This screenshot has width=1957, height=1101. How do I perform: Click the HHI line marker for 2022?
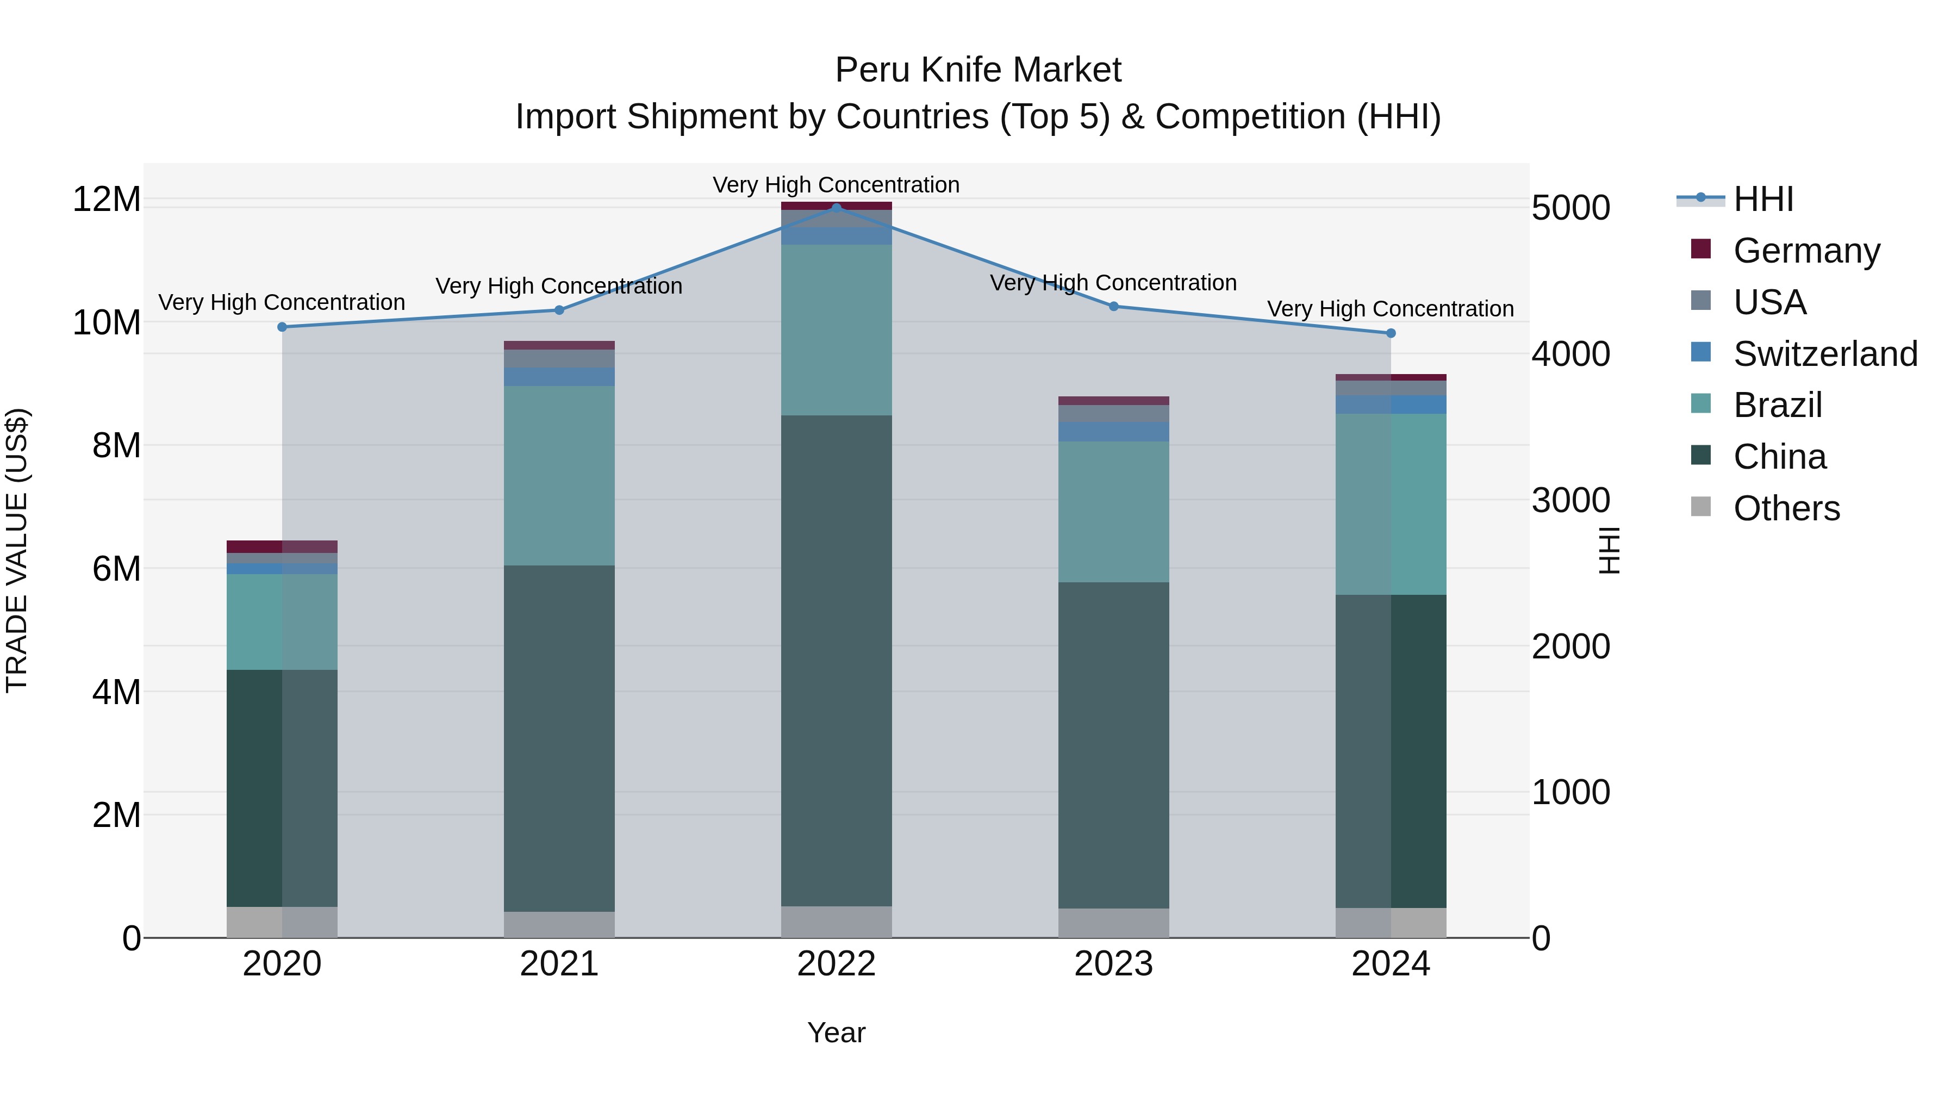pyautogui.click(x=837, y=208)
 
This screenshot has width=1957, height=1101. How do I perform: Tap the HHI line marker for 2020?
pyautogui.click(x=282, y=327)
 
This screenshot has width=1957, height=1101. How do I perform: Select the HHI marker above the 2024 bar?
pyautogui.click(x=1391, y=333)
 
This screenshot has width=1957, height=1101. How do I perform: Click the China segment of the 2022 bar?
pyautogui.click(x=837, y=661)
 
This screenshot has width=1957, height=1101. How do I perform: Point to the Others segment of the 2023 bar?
pyautogui.click(x=1114, y=923)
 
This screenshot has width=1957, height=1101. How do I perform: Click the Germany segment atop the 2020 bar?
pyautogui.click(x=282, y=546)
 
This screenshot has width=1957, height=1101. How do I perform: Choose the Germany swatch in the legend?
pyautogui.click(x=1701, y=249)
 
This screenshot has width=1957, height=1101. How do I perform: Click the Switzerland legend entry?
pyautogui.click(x=1825, y=354)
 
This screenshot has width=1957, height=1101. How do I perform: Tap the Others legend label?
pyautogui.click(x=1786, y=508)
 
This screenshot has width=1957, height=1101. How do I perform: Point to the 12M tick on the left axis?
pyautogui.click(x=107, y=200)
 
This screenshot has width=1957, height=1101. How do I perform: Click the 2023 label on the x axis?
pyautogui.click(x=1114, y=964)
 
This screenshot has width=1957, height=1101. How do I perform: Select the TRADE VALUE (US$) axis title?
pyautogui.click(x=17, y=550)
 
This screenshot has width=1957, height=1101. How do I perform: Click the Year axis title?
pyautogui.click(x=837, y=1032)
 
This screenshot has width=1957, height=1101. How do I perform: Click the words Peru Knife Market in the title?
pyautogui.click(x=978, y=70)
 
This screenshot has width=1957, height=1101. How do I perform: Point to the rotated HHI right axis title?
pyautogui.click(x=1610, y=550)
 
